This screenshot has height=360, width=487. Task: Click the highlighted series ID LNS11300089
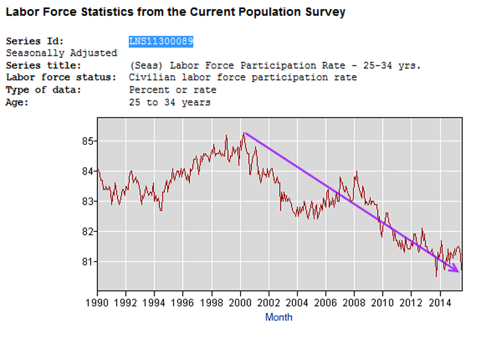pos(161,42)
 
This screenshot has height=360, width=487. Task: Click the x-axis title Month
pos(278,318)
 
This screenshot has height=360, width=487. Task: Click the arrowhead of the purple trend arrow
pos(457,270)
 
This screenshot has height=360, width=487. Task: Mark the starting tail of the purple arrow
pos(245,133)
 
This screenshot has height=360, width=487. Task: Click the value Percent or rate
pos(173,90)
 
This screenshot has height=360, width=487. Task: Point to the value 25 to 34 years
pos(170,102)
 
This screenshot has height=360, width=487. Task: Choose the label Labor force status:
pos(61,77)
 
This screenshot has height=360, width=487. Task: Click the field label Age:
pos(17,102)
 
